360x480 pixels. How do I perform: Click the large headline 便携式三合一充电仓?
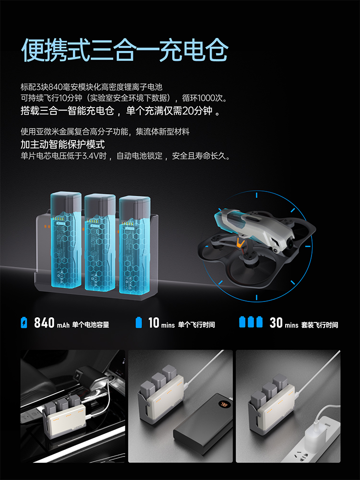point(125,50)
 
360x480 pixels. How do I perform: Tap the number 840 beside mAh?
point(44,323)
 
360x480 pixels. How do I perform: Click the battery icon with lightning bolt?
point(24,323)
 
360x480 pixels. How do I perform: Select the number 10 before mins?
point(154,323)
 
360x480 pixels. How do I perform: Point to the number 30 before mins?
point(276,323)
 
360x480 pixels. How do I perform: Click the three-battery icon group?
point(251,322)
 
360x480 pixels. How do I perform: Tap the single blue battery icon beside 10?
point(139,323)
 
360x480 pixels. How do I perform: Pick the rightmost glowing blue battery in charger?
point(135,245)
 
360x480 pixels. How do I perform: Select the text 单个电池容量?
point(91,324)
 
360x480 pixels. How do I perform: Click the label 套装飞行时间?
point(320,325)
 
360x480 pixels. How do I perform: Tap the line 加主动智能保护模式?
point(63,144)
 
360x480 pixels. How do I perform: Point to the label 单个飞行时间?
point(196,324)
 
